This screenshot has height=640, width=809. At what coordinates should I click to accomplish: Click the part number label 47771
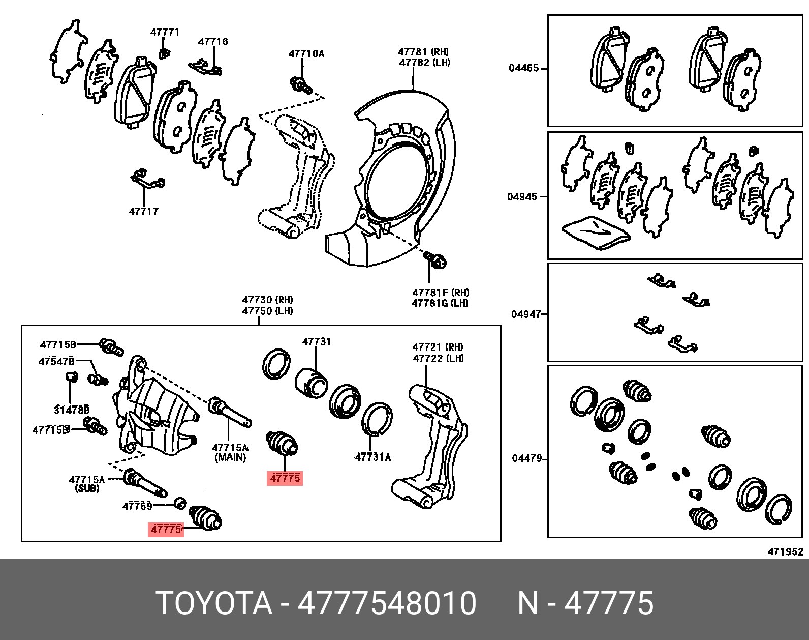(165, 32)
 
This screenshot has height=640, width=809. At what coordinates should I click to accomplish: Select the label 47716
(213, 42)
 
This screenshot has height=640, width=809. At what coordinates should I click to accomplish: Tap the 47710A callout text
(306, 53)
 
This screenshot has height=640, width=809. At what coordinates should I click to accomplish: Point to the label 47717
(144, 211)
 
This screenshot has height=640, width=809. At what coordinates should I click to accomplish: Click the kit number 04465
(524, 68)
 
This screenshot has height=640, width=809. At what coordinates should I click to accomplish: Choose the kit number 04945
(522, 197)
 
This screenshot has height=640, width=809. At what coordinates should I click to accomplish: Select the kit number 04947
(526, 314)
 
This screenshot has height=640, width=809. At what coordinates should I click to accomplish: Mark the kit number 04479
(527, 458)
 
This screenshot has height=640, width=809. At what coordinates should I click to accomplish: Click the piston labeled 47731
(310, 382)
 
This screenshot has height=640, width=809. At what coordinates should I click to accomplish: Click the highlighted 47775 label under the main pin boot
(285, 478)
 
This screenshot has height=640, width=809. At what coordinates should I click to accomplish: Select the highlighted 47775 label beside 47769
(166, 529)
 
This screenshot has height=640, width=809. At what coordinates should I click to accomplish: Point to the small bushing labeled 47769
(180, 503)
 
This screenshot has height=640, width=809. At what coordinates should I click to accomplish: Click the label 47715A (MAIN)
(230, 452)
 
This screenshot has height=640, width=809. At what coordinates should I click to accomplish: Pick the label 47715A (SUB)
(87, 484)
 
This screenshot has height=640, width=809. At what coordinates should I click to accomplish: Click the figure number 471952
(785, 551)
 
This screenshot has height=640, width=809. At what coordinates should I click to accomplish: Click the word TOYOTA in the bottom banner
(214, 603)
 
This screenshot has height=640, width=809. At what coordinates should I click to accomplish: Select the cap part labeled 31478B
(72, 377)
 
